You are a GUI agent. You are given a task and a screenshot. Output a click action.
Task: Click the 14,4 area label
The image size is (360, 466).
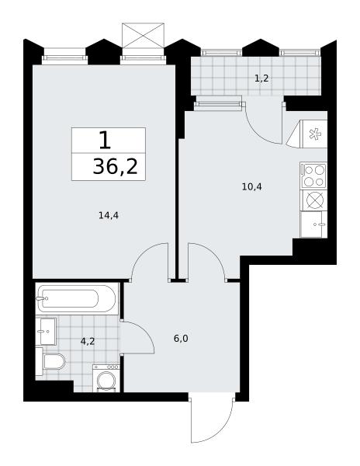(x=109, y=215)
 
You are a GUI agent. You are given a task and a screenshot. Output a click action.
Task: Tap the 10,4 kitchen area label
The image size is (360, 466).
(x=252, y=186)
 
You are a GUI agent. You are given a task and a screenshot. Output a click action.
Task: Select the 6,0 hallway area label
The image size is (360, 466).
(x=181, y=338)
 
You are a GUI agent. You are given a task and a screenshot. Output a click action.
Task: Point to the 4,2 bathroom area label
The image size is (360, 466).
(x=88, y=341)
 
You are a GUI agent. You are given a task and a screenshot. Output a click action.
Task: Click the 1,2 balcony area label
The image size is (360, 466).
(x=261, y=78)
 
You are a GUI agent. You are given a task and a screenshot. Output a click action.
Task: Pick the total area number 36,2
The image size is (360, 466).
(x=116, y=167)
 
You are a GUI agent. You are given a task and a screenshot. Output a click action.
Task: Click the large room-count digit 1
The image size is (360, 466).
(x=105, y=141)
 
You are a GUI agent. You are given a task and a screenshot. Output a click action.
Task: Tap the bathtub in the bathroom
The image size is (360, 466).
(x=77, y=298)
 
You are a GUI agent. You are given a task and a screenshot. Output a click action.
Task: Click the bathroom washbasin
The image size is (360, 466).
(x=46, y=331)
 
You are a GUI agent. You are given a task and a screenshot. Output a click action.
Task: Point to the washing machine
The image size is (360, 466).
(x=106, y=378)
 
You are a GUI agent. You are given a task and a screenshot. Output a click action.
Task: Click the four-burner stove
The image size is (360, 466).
(x=313, y=176)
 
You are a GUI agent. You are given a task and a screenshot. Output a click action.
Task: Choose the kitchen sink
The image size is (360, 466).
(x=313, y=224)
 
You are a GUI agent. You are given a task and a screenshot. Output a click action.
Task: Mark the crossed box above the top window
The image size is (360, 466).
(x=143, y=36)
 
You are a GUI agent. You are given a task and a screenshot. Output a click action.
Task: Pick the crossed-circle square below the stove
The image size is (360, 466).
(x=313, y=200)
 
